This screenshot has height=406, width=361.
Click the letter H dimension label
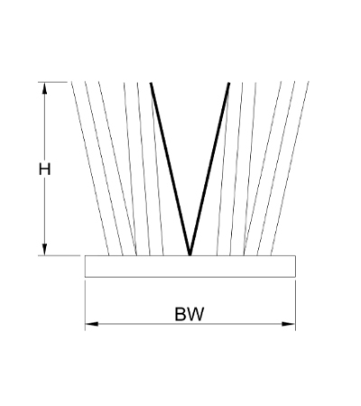44,169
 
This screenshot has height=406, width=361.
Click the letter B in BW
180,314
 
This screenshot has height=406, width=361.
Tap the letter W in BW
196,314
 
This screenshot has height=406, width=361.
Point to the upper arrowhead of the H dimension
45,88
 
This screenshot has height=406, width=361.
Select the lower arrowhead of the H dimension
45,249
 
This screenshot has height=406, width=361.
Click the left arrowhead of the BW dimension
92,324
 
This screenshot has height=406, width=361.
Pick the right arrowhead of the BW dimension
289,324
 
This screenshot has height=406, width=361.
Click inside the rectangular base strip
190,266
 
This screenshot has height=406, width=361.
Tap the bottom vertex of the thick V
190,255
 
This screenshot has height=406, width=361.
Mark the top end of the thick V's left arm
151,83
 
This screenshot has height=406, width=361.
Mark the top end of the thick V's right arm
229,83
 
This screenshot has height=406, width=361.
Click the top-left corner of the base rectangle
85,256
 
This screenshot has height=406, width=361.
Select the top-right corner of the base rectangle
295,256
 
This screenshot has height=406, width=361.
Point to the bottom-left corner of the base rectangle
85,277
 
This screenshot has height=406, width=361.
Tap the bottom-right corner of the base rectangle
295,277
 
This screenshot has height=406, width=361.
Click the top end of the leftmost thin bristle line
71,82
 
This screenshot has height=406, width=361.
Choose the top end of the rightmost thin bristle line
309,82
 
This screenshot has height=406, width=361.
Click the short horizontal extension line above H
52,82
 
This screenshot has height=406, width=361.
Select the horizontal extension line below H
60,255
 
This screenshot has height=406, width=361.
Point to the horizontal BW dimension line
190,324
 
